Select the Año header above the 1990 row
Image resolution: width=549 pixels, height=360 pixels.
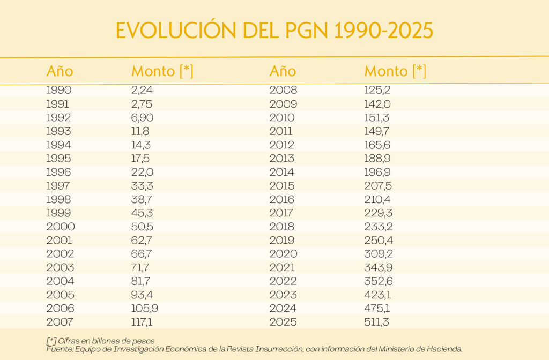(60, 71)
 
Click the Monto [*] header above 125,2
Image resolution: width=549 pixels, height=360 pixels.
(395, 71)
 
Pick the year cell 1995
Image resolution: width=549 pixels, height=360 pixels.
(58, 159)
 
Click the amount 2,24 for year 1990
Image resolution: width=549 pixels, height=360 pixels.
(142, 91)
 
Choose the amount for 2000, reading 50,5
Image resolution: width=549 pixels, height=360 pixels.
(142, 227)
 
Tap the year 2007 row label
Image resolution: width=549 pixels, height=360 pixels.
(60, 322)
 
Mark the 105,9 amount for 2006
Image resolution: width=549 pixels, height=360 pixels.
(145, 309)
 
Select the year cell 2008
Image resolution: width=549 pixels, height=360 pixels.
(283, 91)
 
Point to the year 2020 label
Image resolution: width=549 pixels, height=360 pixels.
(284, 254)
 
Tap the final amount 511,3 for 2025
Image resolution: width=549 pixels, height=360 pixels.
(377, 322)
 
